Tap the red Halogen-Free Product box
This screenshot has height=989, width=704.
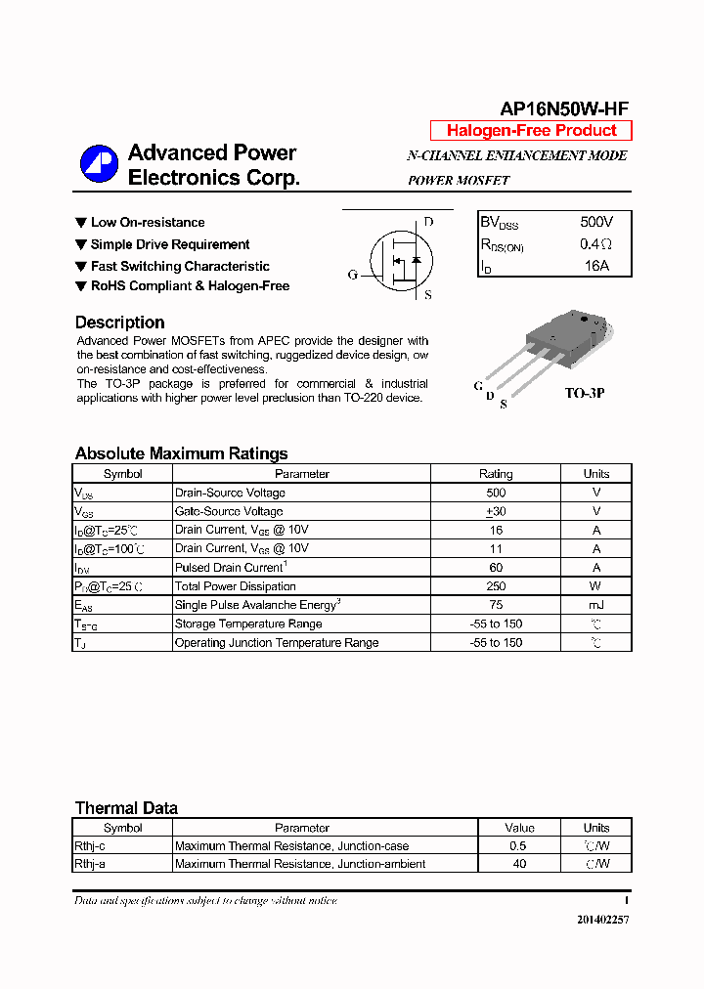pyautogui.click(x=531, y=131)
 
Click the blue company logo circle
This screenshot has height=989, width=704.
pyautogui.click(x=98, y=163)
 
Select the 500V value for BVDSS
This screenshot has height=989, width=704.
pyautogui.click(x=596, y=223)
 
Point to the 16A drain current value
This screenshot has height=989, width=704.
pyautogui.click(x=596, y=266)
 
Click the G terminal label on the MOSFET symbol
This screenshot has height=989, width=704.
pyautogui.click(x=353, y=275)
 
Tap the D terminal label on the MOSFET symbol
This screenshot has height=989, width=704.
pyautogui.click(x=428, y=222)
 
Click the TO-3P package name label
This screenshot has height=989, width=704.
pyautogui.click(x=585, y=393)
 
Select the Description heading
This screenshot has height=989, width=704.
pyautogui.click(x=119, y=322)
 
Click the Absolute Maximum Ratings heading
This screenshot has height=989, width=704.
pyautogui.click(x=181, y=453)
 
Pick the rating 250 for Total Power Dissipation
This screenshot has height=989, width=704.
pyautogui.click(x=496, y=586)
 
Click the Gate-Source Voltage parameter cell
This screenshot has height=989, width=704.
pyautogui.click(x=229, y=511)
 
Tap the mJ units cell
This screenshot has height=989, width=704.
pyautogui.click(x=596, y=605)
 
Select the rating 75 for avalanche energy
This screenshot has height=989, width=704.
pyautogui.click(x=496, y=605)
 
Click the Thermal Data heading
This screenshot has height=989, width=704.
pyautogui.click(x=126, y=808)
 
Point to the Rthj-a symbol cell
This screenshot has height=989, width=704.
pyautogui.click(x=90, y=864)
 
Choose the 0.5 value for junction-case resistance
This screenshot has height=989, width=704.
pyautogui.click(x=518, y=845)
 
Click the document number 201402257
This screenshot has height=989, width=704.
pyautogui.click(x=602, y=920)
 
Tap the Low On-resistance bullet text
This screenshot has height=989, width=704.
pyautogui.click(x=148, y=223)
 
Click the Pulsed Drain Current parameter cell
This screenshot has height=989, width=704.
pyautogui.click(x=231, y=568)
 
